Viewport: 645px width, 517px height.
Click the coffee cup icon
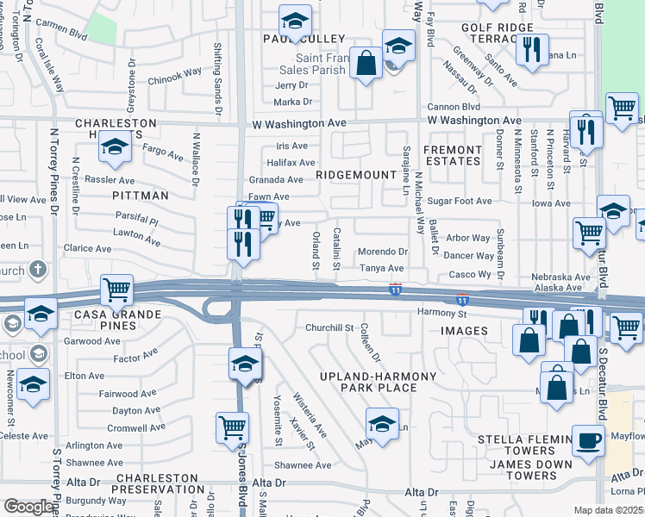tap(590, 439)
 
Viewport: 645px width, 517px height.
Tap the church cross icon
tap(37, 271)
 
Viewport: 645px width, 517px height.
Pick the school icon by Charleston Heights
tap(114, 147)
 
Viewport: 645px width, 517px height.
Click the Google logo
tap(28, 507)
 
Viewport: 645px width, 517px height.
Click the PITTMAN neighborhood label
tap(140, 196)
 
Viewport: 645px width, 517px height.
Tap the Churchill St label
tap(330, 328)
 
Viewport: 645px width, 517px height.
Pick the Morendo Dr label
tap(383, 252)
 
